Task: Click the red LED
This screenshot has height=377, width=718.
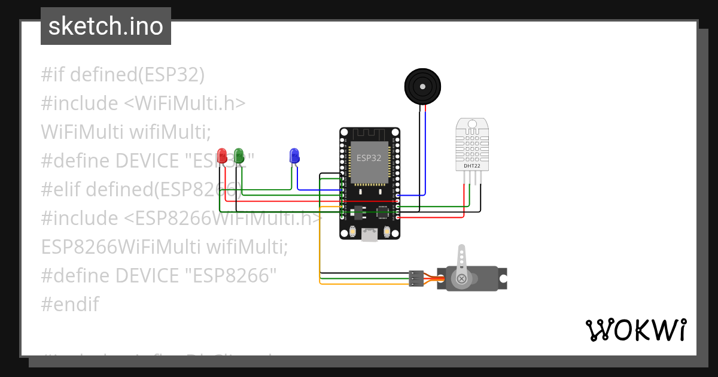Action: (222, 156)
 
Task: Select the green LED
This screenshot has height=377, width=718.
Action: (239, 156)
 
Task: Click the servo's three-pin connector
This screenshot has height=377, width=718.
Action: (416, 278)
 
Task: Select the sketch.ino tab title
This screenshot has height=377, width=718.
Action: (106, 26)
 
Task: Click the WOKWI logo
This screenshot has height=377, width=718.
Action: (635, 330)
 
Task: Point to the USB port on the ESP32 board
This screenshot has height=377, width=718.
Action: (370, 235)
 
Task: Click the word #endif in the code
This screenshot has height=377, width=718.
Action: (70, 304)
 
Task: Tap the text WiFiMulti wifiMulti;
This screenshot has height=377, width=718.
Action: (126, 132)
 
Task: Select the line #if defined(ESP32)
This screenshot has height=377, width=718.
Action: (123, 75)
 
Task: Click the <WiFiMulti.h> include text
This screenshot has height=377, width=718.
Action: (185, 103)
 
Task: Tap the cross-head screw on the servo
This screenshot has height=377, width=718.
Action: (461, 279)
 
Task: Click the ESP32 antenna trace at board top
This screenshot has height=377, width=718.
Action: (369, 134)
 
